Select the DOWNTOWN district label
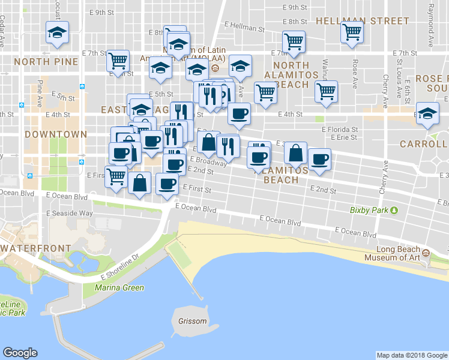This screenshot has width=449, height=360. click(x=56, y=134)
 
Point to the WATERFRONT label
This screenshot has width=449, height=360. click(x=29, y=248)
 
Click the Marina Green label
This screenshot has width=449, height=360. click(x=119, y=287)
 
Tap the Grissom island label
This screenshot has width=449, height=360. click(x=192, y=321)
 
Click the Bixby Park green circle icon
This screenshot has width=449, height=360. click(x=394, y=210)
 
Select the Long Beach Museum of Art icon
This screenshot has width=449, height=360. click(x=426, y=254)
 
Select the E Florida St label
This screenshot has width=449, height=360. click(x=340, y=129)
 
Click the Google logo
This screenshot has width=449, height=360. click(x=20, y=353)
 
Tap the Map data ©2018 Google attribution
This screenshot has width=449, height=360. click(x=411, y=355)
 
